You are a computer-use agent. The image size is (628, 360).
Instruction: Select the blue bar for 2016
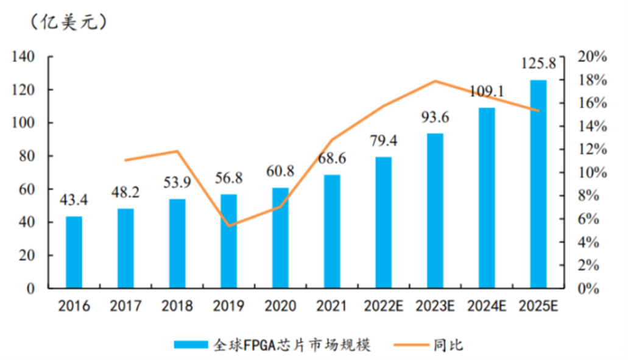(x=74, y=252)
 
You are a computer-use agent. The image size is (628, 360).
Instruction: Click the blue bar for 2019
(x=228, y=241)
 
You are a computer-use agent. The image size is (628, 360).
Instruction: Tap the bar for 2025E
(x=538, y=183)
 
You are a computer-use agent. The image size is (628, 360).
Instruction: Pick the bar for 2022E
(x=383, y=222)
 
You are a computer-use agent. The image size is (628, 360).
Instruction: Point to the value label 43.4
(x=74, y=200)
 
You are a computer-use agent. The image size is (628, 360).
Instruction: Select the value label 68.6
(x=332, y=158)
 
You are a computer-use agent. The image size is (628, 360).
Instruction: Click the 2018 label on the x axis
(x=177, y=306)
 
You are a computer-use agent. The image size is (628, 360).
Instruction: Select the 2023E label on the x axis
(x=435, y=306)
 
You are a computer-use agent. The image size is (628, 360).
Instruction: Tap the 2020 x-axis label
(x=280, y=306)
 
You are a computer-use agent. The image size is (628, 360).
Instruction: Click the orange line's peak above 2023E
(x=435, y=81)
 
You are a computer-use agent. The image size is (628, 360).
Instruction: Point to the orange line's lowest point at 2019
(x=228, y=226)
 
